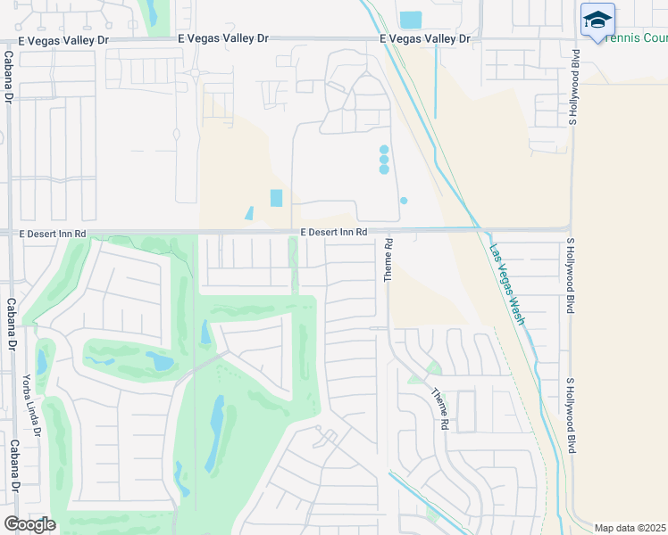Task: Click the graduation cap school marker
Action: (x=597, y=20)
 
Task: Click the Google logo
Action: (x=29, y=524)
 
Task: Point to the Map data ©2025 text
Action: (x=630, y=528)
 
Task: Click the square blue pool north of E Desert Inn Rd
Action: (x=276, y=198)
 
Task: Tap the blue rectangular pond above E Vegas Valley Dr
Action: (x=411, y=20)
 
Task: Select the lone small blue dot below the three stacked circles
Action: (x=404, y=201)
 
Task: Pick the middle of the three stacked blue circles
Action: (x=384, y=160)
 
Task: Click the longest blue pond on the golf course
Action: (x=215, y=434)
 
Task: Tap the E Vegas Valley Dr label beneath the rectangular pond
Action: (x=425, y=39)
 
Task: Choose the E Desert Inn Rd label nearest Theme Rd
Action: (x=333, y=233)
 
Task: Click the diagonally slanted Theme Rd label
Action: (x=439, y=410)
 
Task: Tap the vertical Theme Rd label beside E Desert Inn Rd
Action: (x=388, y=260)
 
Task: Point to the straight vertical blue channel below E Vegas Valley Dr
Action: (x=435, y=80)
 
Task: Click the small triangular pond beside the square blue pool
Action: (x=249, y=214)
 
